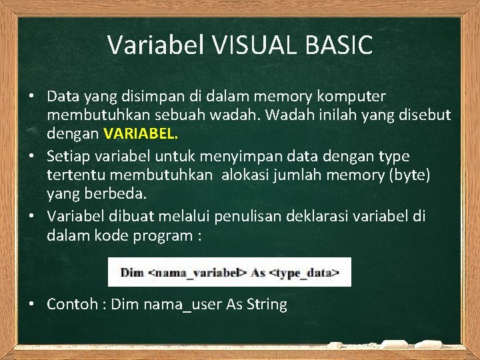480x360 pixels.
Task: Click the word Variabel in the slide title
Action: (x=157, y=45)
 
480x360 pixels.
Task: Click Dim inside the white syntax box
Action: (x=131, y=273)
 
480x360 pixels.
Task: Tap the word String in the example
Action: (x=267, y=305)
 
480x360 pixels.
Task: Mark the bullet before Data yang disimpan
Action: (x=31, y=97)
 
